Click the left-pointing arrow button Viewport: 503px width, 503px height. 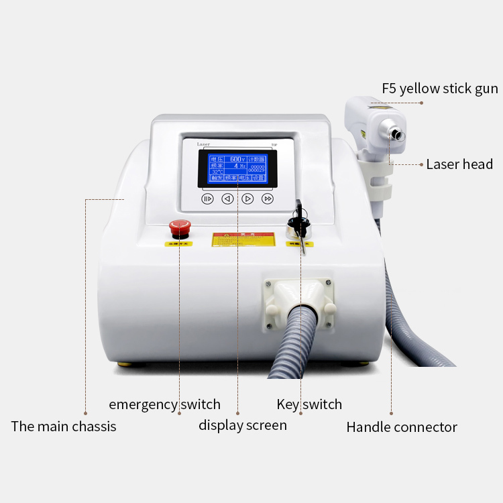pos(227,199)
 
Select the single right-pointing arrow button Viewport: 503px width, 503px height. pos(247,199)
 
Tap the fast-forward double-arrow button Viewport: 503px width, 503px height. pos(268,199)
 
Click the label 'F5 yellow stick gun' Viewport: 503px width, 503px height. pos(440,89)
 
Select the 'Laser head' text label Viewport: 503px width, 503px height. pos(459,164)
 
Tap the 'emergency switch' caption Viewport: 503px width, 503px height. pos(164,404)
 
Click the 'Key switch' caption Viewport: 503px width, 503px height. pos(309,404)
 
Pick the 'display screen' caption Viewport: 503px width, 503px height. pos(242,425)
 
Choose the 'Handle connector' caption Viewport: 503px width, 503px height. pos(402,427)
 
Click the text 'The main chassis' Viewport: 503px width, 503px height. pos(64,427)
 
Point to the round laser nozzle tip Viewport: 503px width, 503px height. pos(398,135)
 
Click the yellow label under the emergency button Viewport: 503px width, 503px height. pos(178,243)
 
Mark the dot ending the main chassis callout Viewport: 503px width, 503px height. pos(85,412)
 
